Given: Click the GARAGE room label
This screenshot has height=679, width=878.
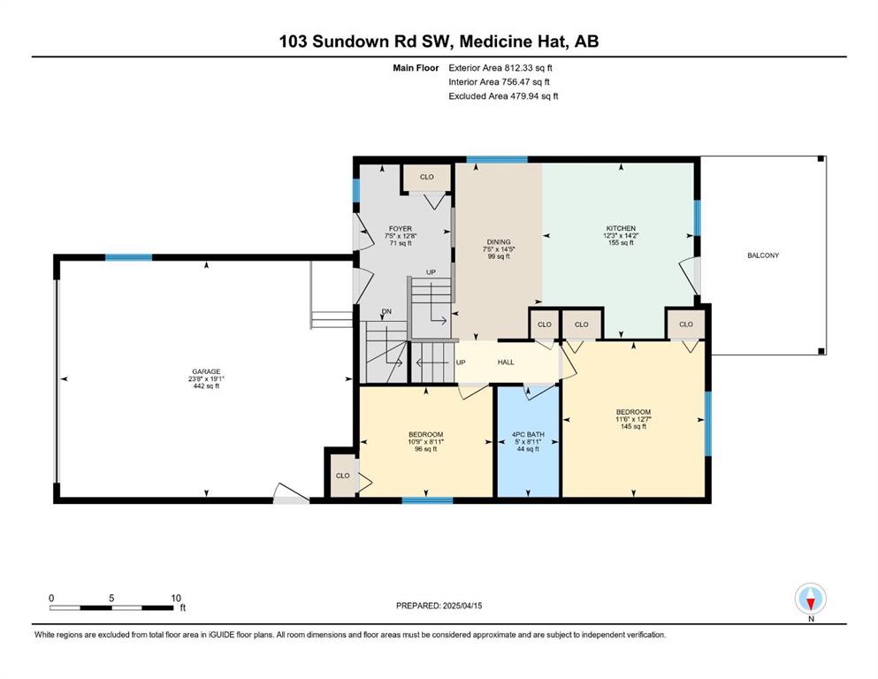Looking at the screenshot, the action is pos(206,371).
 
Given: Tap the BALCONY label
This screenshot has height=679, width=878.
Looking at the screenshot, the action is pos(763,256).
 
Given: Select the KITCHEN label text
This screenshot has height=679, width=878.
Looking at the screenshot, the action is pos(621,228).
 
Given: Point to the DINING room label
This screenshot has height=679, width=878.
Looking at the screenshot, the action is pos(499,242).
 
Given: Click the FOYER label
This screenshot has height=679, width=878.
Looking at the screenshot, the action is pos(401,229).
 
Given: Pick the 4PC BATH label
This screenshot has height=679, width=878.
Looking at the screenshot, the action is pos(528,434).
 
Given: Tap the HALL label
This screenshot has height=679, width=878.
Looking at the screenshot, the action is pos(506,362).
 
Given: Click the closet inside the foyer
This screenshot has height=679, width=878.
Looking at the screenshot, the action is pos(427,177).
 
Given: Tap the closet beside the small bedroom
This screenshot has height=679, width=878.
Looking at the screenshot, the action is pos(342,476).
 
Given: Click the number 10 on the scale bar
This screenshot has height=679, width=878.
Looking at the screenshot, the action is pos(176,599).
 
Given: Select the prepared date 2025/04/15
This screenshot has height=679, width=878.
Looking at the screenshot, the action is pos(462,606).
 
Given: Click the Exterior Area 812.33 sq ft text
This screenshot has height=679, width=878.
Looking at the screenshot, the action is pos(500,68).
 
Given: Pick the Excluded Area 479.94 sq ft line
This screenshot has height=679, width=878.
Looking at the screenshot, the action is pos(503,95).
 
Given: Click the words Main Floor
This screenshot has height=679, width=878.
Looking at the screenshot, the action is pos(416,68).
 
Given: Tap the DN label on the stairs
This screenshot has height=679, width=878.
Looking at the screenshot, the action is pos(386,312).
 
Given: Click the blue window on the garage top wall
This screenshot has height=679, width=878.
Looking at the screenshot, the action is pos(129,257).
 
